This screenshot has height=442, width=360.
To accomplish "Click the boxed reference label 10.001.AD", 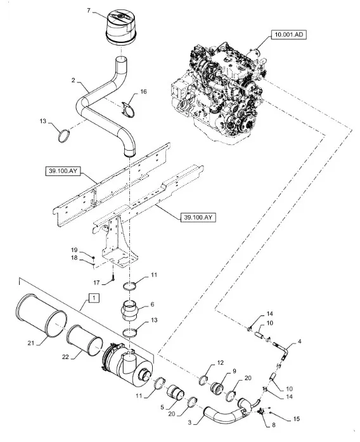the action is point(289,34).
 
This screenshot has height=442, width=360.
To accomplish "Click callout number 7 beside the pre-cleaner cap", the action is point(89,11).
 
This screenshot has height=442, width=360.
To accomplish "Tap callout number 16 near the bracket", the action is point(144,91).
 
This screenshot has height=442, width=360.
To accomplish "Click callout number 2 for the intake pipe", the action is point(74,80).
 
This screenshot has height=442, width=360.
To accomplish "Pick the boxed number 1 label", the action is point(94,298).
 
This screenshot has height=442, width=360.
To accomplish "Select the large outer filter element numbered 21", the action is point(41,315).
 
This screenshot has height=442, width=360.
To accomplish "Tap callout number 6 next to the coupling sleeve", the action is point(152,305).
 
